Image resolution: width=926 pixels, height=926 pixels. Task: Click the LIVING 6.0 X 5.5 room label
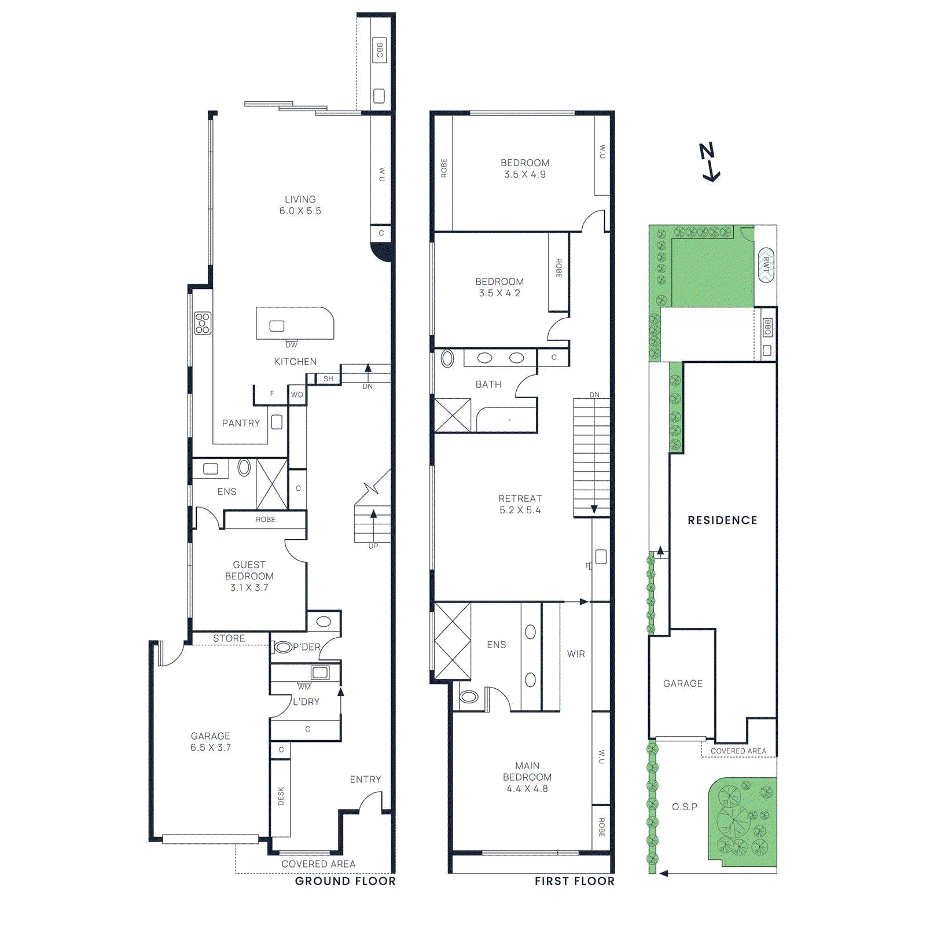pos(300,205)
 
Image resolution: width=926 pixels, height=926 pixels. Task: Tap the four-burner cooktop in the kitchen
pos(203,323)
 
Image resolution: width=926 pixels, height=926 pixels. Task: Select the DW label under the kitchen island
pos(291,345)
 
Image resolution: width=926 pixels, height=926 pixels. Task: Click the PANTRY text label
pos(241,423)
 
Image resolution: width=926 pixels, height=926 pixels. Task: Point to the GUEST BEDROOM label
pos(249,575)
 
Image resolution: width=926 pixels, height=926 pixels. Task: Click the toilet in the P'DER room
pos(283,647)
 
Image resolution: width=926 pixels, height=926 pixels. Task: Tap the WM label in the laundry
pos(304,687)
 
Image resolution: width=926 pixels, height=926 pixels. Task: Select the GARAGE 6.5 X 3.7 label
pos(211,741)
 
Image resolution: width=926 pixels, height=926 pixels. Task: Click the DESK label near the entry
pos(281,796)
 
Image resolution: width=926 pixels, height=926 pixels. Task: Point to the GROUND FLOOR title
pos(345,881)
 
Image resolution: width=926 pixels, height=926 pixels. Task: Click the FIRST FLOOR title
pos(574,881)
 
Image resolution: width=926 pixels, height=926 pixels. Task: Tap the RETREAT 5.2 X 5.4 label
pos(520,504)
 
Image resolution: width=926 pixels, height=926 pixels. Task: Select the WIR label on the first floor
pos(576,653)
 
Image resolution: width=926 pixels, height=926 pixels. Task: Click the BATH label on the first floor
pos(488,384)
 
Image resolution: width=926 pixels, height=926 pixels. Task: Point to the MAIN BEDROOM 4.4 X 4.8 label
pos(527,777)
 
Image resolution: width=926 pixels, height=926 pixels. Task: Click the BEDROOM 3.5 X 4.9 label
pos(524,168)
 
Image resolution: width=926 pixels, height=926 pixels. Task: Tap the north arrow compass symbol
pos(710,162)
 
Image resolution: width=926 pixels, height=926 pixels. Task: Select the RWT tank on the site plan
pos(766,265)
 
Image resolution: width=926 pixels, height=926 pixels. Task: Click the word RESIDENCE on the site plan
pos(722,520)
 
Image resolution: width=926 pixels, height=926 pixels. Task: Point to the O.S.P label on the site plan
pos(684,807)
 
